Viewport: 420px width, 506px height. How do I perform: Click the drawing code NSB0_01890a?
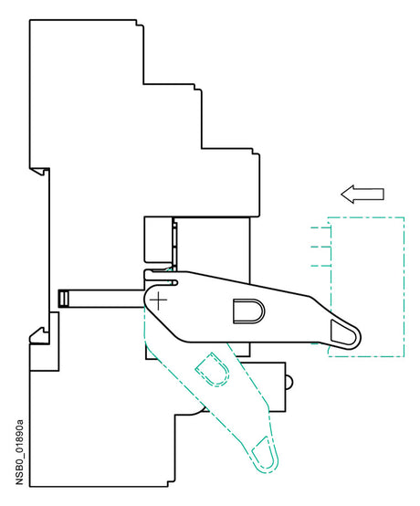point(20,452)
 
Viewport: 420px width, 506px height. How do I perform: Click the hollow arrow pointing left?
point(362,195)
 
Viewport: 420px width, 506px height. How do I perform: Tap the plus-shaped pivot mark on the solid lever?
point(158,300)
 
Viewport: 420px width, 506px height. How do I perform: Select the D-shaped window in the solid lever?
point(248,311)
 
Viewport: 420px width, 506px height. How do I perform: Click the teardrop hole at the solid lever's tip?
point(343,332)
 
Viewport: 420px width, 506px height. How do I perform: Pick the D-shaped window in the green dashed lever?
point(213,370)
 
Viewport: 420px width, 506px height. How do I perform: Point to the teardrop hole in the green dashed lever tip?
point(265,453)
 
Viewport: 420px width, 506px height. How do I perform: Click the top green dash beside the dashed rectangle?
point(320,228)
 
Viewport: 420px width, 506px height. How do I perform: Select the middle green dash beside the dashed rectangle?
point(320,248)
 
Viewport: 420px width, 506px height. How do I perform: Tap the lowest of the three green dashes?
point(320,266)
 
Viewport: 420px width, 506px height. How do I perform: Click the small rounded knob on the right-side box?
point(289,383)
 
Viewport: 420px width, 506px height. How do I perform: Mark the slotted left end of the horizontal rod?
point(63,299)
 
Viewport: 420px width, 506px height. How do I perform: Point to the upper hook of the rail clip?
point(40,171)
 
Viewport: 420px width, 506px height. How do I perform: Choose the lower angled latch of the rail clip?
point(38,335)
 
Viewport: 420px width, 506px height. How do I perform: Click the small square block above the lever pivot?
point(158,239)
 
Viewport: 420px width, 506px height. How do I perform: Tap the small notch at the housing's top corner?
point(140,23)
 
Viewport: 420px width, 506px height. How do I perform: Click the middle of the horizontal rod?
point(101,299)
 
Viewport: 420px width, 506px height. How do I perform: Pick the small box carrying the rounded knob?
point(263,387)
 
